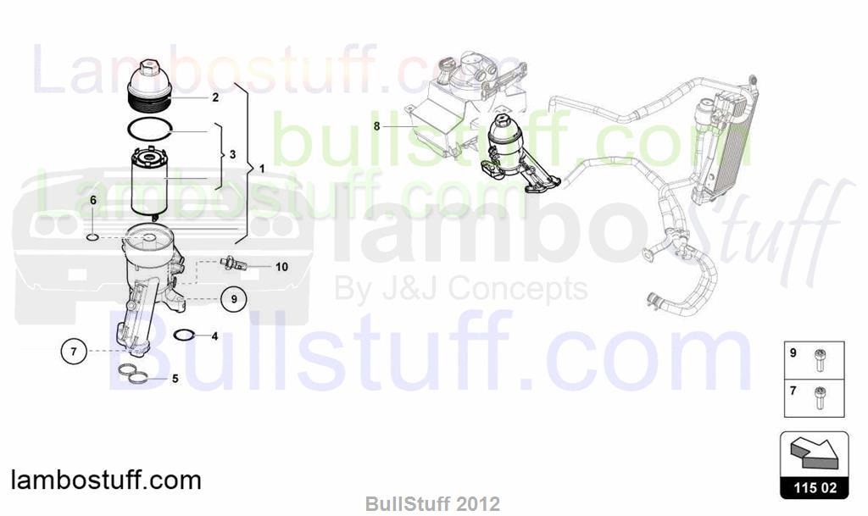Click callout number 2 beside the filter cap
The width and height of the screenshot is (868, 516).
tap(215, 97)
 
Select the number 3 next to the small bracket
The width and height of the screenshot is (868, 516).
tap(232, 154)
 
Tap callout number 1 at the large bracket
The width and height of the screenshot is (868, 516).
tap(262, 168)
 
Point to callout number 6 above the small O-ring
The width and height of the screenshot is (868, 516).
tap(93, 200)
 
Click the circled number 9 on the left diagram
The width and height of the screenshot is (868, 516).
tap(234, 298)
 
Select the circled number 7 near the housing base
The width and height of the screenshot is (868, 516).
tap(74, 351)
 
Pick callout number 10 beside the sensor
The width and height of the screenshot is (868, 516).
tap(281, 267)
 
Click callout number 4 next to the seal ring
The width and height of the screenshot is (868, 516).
tap(214, 336)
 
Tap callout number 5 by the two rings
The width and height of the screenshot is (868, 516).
tap(175, 379)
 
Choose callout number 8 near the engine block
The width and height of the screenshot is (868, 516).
tap(377, 126)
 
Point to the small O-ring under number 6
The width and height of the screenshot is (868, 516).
tap(93, 238)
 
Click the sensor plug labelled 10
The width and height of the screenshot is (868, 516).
tap(234, 263)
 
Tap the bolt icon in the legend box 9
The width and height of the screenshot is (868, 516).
tap(818, 360)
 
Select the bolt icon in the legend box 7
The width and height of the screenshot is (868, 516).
tap(818, 397)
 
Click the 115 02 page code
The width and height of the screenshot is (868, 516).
tap(815, 487)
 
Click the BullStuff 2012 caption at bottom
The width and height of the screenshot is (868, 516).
tap(432, 504)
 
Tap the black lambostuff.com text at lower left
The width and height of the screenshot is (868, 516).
tap(106, 480)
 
